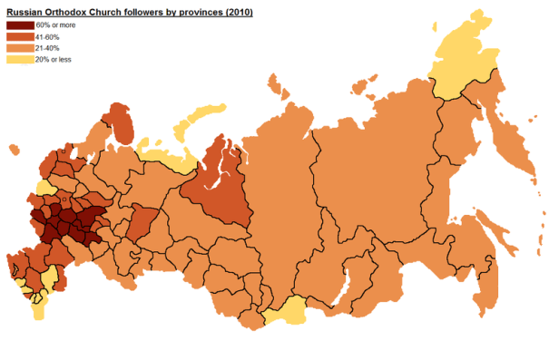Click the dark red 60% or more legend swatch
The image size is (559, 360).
(18, 24)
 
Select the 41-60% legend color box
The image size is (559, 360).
(18, 36)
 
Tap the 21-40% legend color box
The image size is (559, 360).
(18, 47)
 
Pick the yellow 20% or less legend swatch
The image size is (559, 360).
(18, 59)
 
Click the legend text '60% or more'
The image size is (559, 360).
(54, 24)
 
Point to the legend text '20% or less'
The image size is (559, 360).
(54, 59)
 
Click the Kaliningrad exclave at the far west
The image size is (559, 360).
(11, 149)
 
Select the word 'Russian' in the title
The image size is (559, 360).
(25, 12)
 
